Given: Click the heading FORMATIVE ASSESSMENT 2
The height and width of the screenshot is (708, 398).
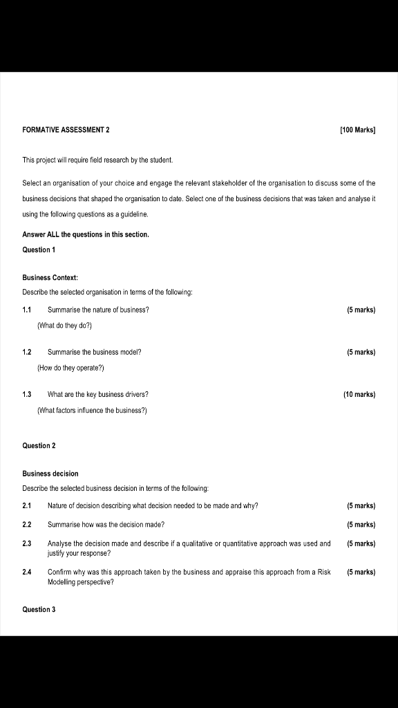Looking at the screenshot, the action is pyautogui.click(x=66, y=130).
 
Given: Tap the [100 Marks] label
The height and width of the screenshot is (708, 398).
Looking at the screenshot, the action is pyautogui.click(x=358, y=130).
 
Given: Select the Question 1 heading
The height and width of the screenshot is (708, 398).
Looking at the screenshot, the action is pyautogui.click(x=39, y=250).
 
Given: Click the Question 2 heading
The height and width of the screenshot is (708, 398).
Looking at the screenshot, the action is pyautogui.click(x=39, y=446).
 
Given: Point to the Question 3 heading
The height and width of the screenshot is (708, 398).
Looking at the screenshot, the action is pyautogui.click(x=39, y=610).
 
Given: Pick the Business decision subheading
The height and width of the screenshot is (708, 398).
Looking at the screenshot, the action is pyautogui.click(x=50, y=474).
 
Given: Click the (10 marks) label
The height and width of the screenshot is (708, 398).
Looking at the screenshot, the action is pyautogui.click(x=359, y=395).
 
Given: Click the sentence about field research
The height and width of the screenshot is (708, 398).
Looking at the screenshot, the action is pyautogui.click(x=97, y=160).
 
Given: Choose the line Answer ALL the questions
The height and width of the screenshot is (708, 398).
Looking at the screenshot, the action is pyautogui.click(x=86, y=234).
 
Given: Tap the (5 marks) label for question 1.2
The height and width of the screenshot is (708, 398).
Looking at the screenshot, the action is pyautogui.click(x=361, y=352).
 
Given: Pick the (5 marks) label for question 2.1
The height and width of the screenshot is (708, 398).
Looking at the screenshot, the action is pyautogui.click(x=361, y=506).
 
